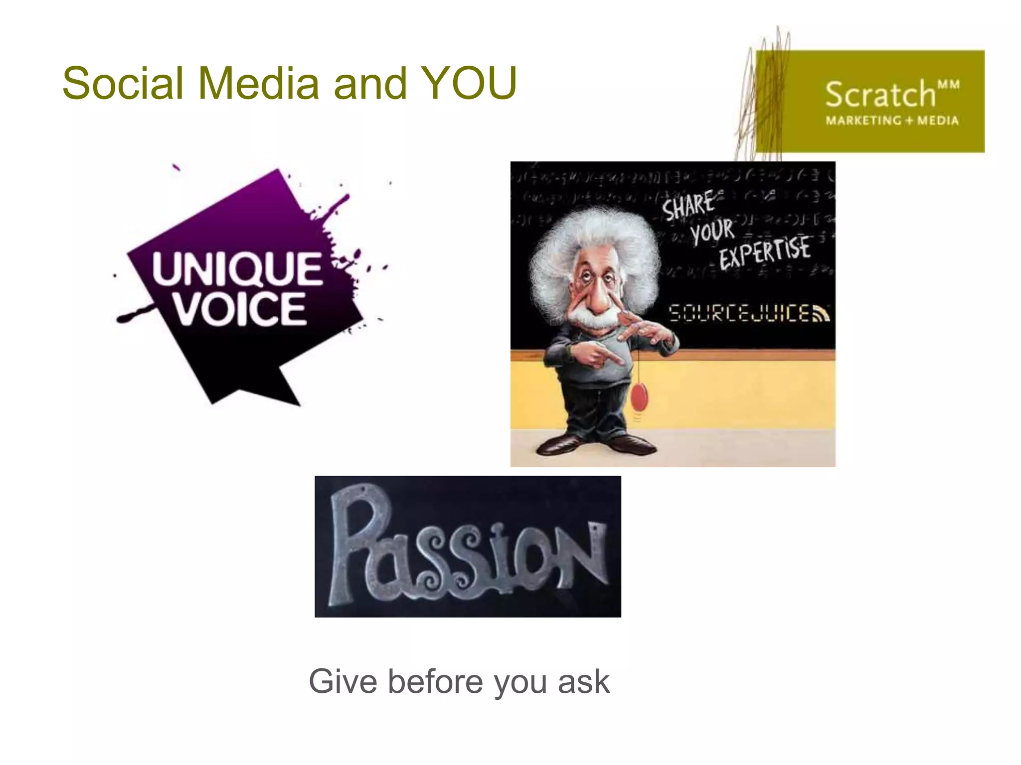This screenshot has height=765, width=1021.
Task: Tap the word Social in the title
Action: click(x=123, y=83)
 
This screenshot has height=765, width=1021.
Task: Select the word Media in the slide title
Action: click(x=258, y=83)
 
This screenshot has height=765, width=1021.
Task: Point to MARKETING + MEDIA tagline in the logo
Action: click(x=892, y=121)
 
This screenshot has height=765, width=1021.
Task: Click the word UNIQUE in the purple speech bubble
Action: click(x=237, y=269)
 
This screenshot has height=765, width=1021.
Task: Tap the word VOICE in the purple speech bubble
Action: click(x=239, y=309)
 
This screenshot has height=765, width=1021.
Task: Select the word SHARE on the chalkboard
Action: click(x=688, y=205)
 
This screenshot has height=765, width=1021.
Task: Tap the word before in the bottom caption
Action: click(x=435, y=681)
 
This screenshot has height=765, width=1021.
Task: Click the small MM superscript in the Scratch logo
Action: click(x=948, y=85)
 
